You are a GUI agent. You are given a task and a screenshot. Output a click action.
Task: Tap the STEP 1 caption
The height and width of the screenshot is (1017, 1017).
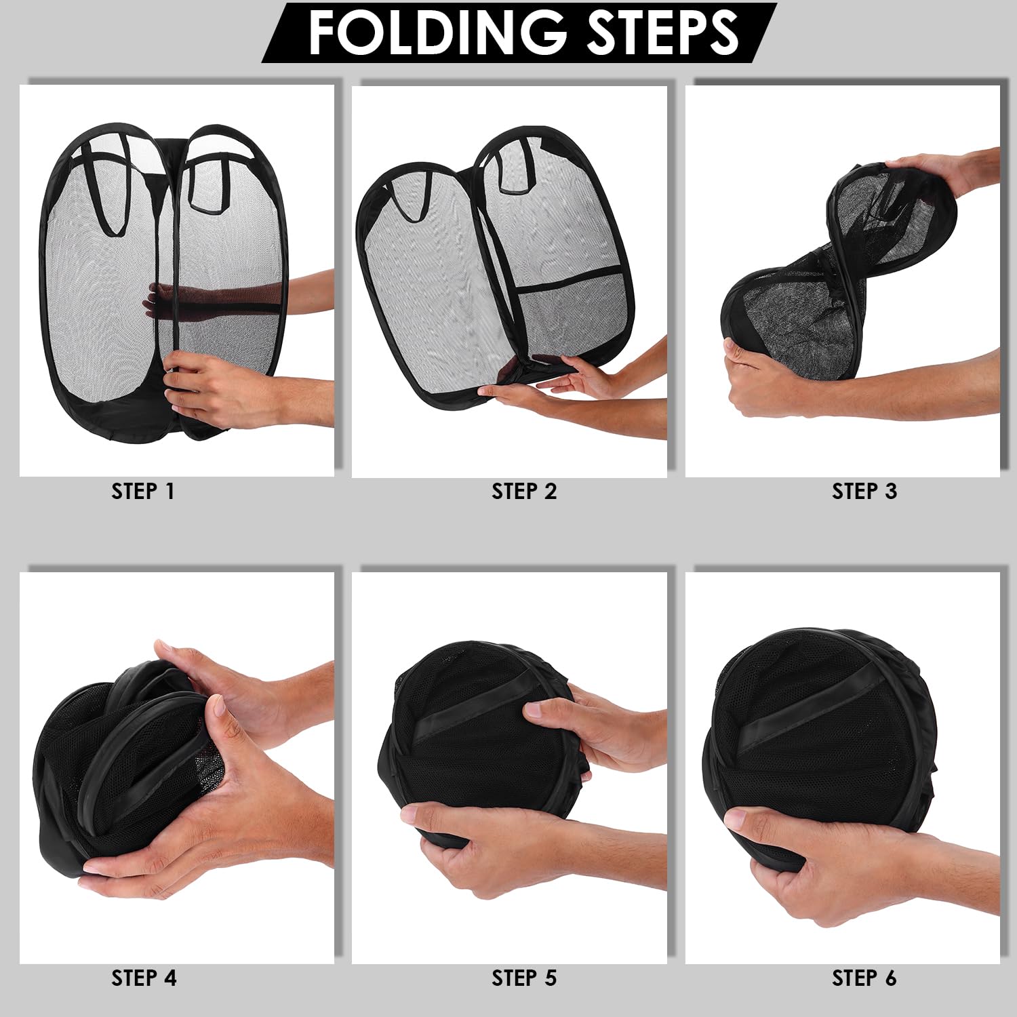point(143,491)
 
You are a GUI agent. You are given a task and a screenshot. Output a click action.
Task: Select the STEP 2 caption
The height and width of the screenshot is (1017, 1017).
point(524,491)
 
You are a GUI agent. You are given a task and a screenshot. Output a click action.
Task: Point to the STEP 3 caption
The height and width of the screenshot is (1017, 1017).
point(864,491)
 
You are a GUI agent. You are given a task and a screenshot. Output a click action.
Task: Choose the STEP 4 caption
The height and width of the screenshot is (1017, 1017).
point(144,978)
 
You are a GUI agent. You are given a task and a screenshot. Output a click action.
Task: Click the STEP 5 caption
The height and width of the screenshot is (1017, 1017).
point(524,978)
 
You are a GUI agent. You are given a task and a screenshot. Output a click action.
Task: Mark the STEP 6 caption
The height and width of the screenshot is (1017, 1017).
point(864,978)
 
